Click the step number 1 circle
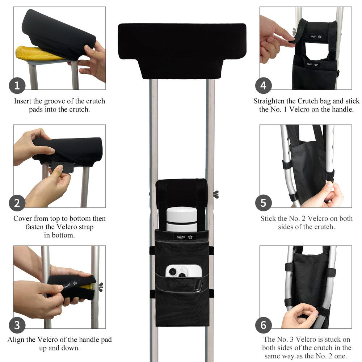(x=17, y=86)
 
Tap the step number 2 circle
(x=17, y=203)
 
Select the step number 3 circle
(x=17, y=325)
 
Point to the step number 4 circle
(x=264, y=86)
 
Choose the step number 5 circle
(x=264, y=203)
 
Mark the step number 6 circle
(x=264, y=325)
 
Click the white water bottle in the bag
(x=182, y=219)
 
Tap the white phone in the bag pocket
(x=184, y=271)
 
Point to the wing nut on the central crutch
(x=216, y=194)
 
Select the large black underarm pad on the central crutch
(x=182, y=51)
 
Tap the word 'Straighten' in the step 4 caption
(x=269, y=101)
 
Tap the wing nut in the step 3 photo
(x=100, y=287)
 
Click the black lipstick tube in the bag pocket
(x=198, y=286)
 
